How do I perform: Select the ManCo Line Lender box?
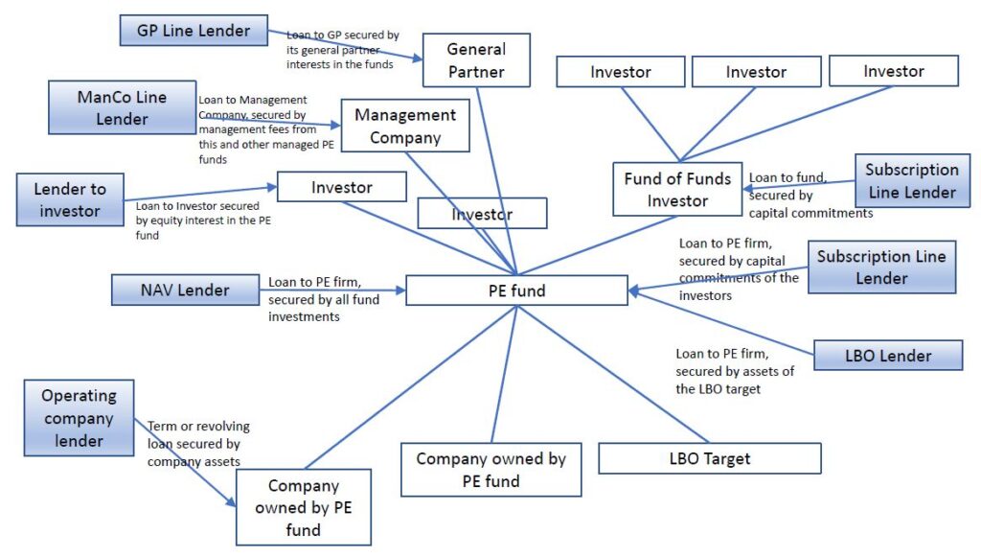click(x=122, y=107)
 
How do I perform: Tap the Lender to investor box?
click(x=70, y=199)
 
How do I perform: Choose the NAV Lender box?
click(x=186, y=290)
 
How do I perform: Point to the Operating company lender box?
click(x=79, y=419)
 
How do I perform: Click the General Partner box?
click(x=476, y=60)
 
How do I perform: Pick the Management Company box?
click(x=405, y=126)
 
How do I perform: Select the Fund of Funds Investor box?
click(x=677, y=189)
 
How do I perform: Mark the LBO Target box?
click(x=709, y=458)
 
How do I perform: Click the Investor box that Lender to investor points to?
click(x=341, y=187)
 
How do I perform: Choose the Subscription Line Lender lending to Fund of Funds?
click(x=911, y=181)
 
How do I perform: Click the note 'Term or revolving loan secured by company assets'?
click(x=198, y=444)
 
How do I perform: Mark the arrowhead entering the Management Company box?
click(x=336, y=125)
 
